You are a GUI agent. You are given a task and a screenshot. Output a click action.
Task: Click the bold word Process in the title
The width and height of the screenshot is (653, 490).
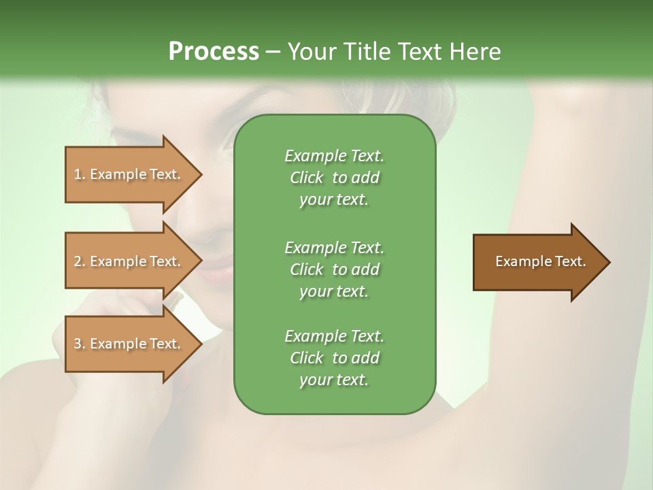pyautogui.click(x=214, y=52)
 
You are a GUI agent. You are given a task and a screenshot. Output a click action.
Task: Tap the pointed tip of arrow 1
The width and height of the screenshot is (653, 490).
pyautogui.click(x=200, y=174)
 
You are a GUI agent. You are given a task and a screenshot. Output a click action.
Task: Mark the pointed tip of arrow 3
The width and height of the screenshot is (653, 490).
pyautogui.click(x=200, y=344)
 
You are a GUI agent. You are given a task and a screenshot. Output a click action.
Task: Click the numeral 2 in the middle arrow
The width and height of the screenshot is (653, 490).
pyautogui.click(x=78, y=261)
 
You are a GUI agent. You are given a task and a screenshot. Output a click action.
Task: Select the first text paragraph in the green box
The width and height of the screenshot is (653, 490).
pyautogui.click(x=334, y=178)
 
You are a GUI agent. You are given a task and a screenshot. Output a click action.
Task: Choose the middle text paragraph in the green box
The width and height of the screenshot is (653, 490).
pyautogui.click(x=334, y=269)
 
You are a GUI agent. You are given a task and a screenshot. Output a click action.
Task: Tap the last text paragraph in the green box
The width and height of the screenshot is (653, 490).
pyautogui.click(x=334, y=358)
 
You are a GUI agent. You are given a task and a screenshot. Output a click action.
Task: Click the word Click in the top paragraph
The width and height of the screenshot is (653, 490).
pyautogui.click(x=306, y=178)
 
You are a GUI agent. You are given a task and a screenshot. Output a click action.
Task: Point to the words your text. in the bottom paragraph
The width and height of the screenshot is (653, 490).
pyautogui.click(x=334, y=380)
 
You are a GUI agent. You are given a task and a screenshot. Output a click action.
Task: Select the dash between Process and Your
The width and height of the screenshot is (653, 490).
pyautogui.click(x=273, y=52)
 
